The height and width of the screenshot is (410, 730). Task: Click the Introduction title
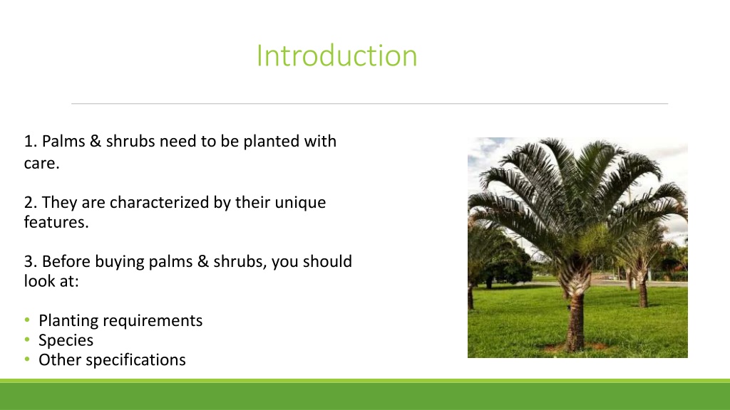(336, 56)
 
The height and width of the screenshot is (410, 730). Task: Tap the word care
(41, 163)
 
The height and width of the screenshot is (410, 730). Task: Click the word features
(56, 222)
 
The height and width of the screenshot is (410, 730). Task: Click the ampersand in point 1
(96, 142)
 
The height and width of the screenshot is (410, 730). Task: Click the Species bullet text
(66, 340)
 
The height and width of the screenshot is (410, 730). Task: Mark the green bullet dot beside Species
(28, 340)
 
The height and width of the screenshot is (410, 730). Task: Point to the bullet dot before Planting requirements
(28, 320)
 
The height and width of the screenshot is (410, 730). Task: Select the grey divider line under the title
(370, 104)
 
